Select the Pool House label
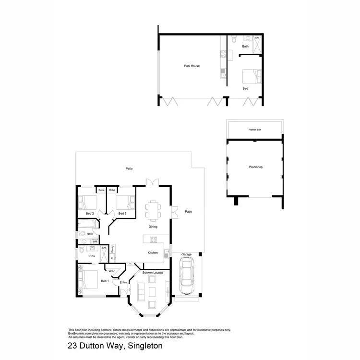192,66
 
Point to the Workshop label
255,167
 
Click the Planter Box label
254,130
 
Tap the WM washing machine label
95,241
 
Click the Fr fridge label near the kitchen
112,258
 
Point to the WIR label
111,271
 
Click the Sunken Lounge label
153,272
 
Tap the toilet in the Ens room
83,250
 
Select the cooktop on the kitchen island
154,240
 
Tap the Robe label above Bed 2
101,190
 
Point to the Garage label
186,254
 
